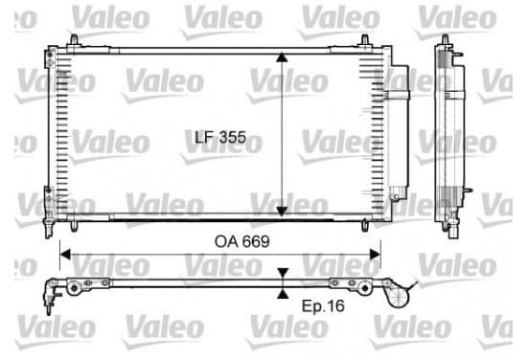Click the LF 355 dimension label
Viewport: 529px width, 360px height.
(220, 137)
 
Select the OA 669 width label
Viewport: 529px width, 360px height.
(241, 241)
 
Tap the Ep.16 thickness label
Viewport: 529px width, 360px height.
(323, 306)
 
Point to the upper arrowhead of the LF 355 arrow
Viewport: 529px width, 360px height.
(282, 56)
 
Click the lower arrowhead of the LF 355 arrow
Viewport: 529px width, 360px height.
(282, 211)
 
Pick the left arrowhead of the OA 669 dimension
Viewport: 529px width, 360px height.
(65, 255)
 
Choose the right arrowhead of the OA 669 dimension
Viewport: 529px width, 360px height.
(375, 255)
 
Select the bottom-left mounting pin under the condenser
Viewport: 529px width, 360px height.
(74, 226)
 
